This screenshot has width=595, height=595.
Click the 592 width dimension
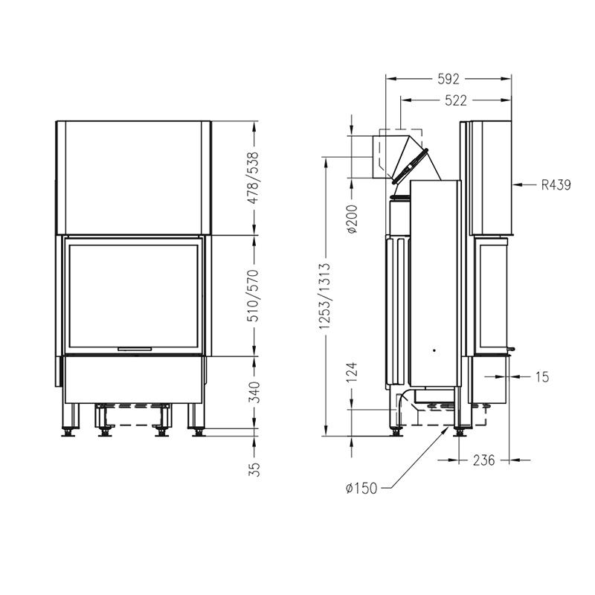[448, 79]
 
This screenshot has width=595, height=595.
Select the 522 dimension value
[455, 100]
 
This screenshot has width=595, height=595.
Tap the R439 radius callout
[556, 184]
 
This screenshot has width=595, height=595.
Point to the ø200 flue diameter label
[352, 219]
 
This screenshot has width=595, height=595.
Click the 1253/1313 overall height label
[324, 295]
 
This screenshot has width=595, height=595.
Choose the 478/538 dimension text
[253, 178]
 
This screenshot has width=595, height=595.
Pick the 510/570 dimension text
[253, 295]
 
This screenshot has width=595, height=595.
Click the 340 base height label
[253, 392]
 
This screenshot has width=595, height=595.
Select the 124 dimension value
[352, 373]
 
